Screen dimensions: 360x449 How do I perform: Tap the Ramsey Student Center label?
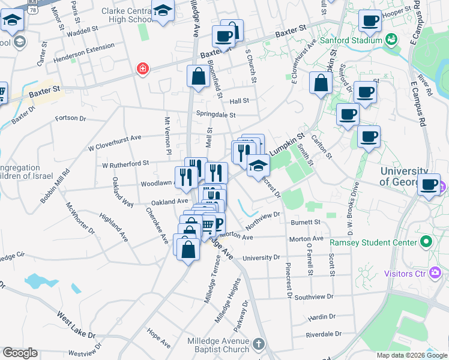373,242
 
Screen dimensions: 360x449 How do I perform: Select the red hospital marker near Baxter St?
142,68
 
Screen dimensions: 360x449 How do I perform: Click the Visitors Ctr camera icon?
435,274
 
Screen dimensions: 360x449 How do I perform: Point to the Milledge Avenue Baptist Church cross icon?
258,344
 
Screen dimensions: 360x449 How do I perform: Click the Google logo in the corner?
20,353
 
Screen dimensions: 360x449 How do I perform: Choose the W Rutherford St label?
125,164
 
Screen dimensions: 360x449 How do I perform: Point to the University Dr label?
261,257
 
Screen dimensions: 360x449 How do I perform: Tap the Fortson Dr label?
71,119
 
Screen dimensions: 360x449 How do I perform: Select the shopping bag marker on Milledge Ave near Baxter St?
198,77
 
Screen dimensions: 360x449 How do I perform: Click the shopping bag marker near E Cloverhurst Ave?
321,83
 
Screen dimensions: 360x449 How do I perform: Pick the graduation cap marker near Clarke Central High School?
162,11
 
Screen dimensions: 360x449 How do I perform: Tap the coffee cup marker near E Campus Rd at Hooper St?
370,21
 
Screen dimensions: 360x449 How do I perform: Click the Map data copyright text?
412,355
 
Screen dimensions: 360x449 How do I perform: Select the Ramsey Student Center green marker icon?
426,242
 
